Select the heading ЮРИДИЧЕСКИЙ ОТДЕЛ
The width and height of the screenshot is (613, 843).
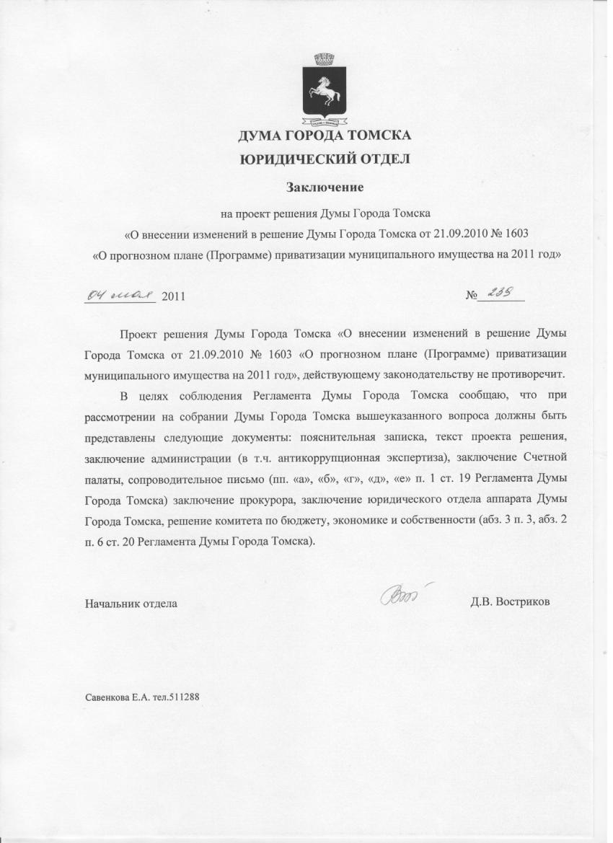[x=325, y=159]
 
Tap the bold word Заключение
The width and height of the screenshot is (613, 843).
[x=325, y=187]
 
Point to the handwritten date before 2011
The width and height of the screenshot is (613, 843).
[x=120, y=294]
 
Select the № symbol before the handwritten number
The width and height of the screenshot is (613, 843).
[x=473, y=296]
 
